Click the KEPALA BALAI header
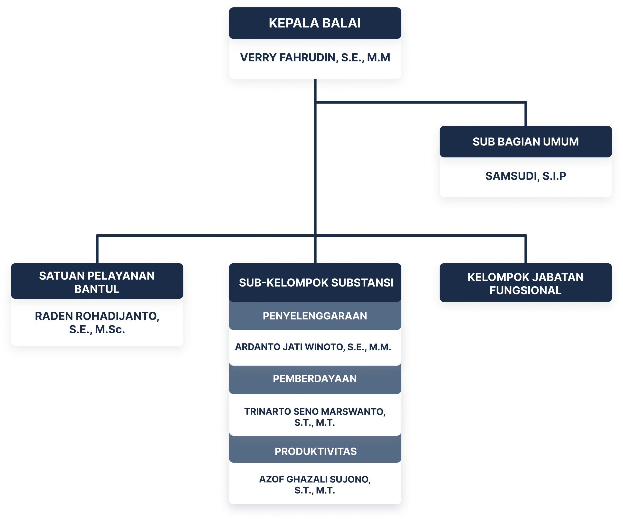pyautogui.click(x=315, y=23)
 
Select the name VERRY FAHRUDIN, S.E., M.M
pyautogui.click(x=315, y=58)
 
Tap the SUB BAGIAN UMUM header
pyautogui.click(x=525, y=142)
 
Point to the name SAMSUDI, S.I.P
pyautogui.click(x=525, y=176)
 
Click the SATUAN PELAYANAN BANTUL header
pyautogui.click(x=97, y=282)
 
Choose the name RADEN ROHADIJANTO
pyautogui.click(x=97, y=316)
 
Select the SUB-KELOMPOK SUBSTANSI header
pyautogui.click(x=316, y=282)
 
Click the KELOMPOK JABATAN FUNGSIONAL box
pyautogui.click(x=525, y=283)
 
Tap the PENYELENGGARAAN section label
pyautogui.click(x=315, y=316)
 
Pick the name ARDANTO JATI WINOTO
pyautogui.click(x=313, y=347)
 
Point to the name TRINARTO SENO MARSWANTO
pyautogui.click(x=315, y=412)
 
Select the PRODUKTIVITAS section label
pyautogui.click(x=315, y=451)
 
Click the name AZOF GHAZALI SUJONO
pyautogui.click(x=315, y=479)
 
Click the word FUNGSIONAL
pyautogui.click(x=525, y=290)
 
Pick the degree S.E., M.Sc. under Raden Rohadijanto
pyautogui.click(x=97, y=329)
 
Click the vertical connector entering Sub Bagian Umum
pyautogui.click(x=526, y=114)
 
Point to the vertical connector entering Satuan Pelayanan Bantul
pyautogui.click(x=97, y=250)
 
